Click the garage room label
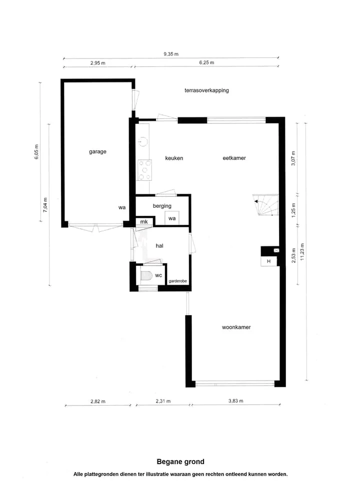tap(97, 152)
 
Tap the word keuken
tap(174, 158)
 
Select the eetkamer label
tap(234, 158)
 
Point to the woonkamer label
tap(236, 327)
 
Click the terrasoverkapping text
tap(206, 90)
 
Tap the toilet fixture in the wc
tap(146, 276)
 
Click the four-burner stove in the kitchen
tap(144, 170)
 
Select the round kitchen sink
tap(142, 141)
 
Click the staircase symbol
tap(265, 205)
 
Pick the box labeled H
tap(268, 261)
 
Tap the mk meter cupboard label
tap(144, 222)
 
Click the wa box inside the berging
tap(172, 218)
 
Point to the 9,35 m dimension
tap(171, 54)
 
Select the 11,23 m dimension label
tap(302, 252)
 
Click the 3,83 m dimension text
tap(236, 401)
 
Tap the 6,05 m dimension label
tap(36, 152)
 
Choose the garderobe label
tap(178, 281)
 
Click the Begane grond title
tap(180, 462)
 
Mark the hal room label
tap(159, 246)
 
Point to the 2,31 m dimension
tap(163, 401)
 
